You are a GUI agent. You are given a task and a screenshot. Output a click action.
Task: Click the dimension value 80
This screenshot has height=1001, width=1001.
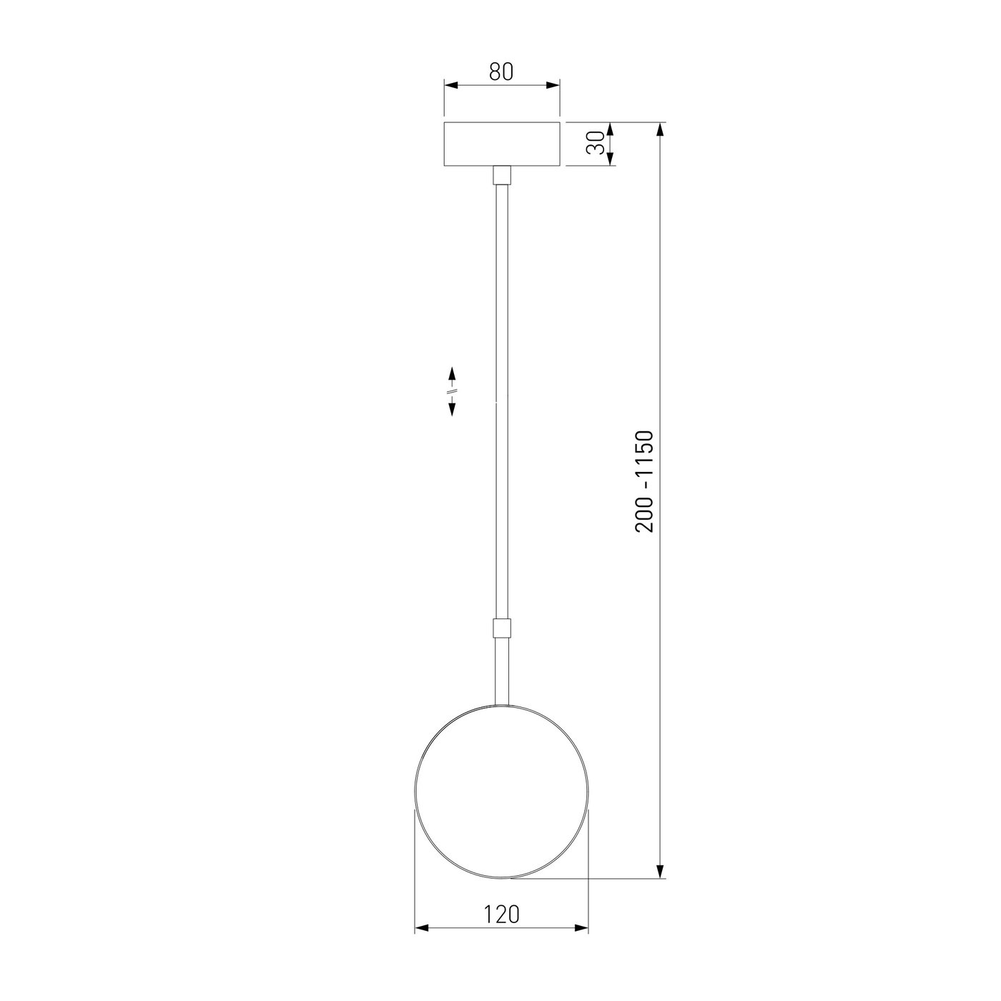[x=501, y=71]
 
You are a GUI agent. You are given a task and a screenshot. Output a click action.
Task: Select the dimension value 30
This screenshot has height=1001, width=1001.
[x=596, y=144]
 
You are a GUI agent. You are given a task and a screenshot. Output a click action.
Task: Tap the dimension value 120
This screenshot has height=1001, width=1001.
[x=501, y=914]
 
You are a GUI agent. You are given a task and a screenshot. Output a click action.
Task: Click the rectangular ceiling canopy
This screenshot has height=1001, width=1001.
[x=502, y=144]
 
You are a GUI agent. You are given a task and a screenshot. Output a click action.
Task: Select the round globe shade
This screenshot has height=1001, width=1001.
[x=502, y=792]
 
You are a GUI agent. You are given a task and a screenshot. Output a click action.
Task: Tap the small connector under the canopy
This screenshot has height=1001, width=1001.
[x=502, y=175]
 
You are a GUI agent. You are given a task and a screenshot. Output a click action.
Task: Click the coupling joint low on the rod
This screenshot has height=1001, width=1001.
[x=502, y=628]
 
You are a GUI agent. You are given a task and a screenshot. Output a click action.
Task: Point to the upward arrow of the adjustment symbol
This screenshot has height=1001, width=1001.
[x=452, y=375]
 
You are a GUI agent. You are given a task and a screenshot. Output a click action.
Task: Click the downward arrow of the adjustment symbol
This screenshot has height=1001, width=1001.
[x=452, y=408]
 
